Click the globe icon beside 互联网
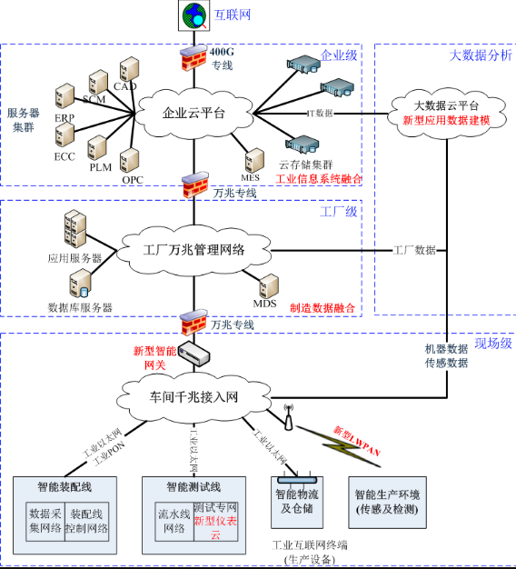pos(193,15)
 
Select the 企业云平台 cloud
pos(193,113)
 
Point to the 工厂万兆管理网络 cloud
pos(193,248)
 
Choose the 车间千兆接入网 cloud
pos(193,397)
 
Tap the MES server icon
pos(251,155)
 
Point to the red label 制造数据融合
pos(322,308)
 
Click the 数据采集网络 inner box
pos(44,520)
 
